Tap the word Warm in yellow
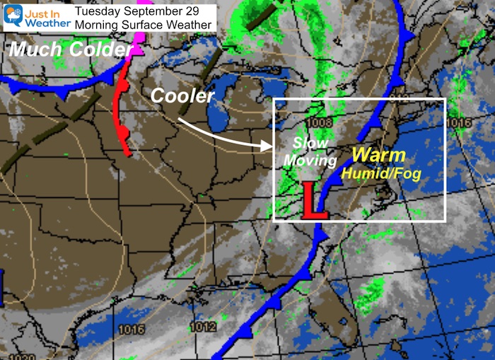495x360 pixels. point(379,155)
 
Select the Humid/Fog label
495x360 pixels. point(379,172)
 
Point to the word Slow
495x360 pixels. point(311,144)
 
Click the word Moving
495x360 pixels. point(310,161)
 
